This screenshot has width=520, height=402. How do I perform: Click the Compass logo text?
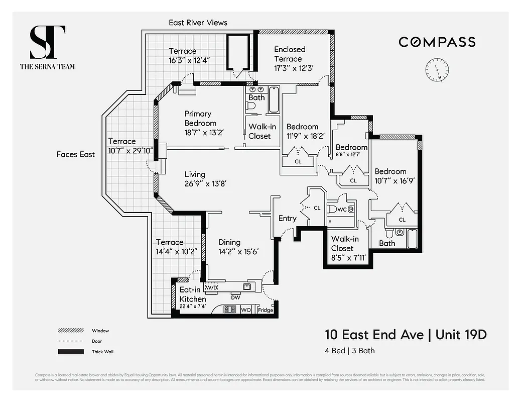click(437, 42)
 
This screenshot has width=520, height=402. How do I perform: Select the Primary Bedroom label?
click(200, 118)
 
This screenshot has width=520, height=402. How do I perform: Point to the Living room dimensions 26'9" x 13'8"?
click(205, 183)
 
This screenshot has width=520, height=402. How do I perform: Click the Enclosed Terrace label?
click(289, 54)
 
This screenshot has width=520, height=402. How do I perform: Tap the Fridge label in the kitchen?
click(266, 310)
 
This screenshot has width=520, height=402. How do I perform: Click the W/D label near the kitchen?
click(212, 288)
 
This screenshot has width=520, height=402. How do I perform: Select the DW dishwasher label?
click(235, 297)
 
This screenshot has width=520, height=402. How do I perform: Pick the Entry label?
click(288, 219)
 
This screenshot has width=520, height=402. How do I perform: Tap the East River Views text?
click(198, 23)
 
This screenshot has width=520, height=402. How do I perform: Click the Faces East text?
click(75, 154)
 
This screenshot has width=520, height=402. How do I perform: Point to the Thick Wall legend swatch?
click(71, 352)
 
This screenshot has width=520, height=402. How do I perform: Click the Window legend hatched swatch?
click(71, 331)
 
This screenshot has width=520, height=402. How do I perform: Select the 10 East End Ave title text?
click(373, 334)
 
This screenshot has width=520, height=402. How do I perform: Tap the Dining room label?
click(229, 242)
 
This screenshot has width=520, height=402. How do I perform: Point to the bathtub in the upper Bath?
click(274, 99)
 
